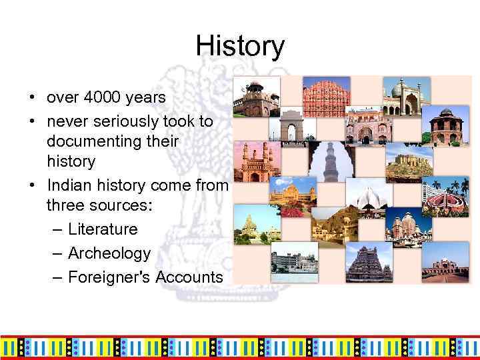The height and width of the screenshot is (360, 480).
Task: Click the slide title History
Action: click(x=240, y=47)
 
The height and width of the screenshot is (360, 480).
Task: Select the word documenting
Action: click(x=113, y=141)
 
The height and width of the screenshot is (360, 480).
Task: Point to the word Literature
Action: click(x=103, y=229)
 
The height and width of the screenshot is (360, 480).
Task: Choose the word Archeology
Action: click(x=109, y=253)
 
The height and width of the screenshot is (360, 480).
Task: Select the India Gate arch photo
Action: click(x=291, y=125)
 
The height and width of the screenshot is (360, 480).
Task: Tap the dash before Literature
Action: click(x=57, y=229)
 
